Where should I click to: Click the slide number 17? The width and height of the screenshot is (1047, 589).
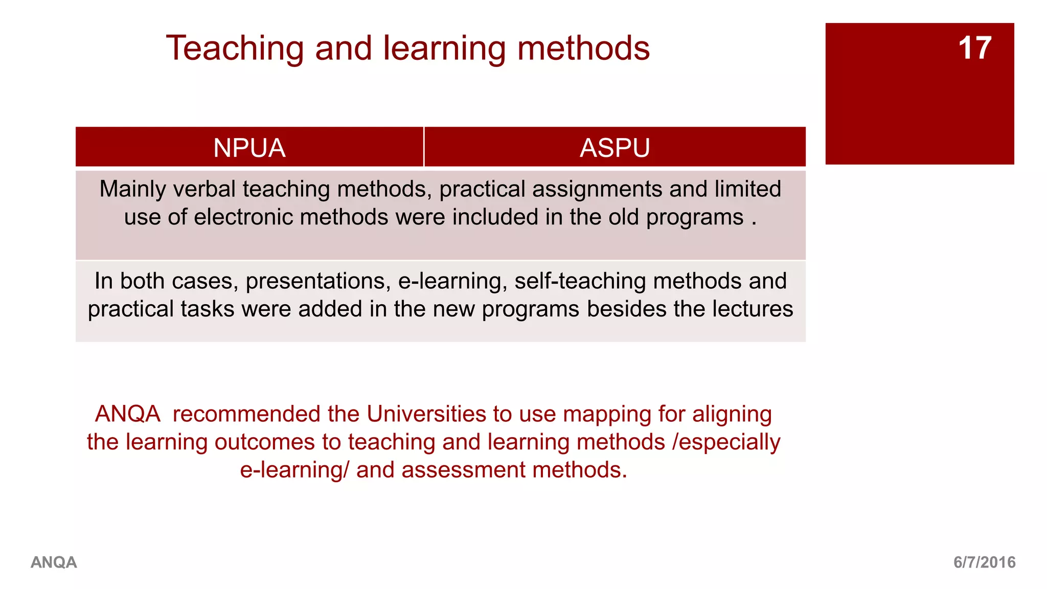point(974,48)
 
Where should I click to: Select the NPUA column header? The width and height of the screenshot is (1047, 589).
point(249,148)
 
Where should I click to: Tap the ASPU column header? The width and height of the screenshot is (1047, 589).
point(614,148)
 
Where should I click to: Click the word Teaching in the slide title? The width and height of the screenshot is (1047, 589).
point(236,49)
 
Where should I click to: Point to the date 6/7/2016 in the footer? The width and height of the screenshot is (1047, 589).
point(984,562)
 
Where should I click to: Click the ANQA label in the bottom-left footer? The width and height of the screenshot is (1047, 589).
point(54,562)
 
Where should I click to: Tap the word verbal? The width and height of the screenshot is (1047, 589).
point(204,189)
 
